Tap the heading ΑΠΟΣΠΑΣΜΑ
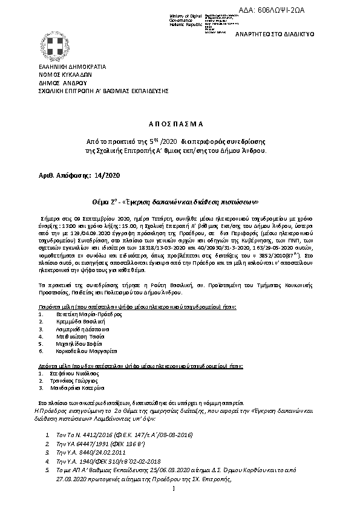[180, 121]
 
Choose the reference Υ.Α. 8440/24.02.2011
[91, 452]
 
